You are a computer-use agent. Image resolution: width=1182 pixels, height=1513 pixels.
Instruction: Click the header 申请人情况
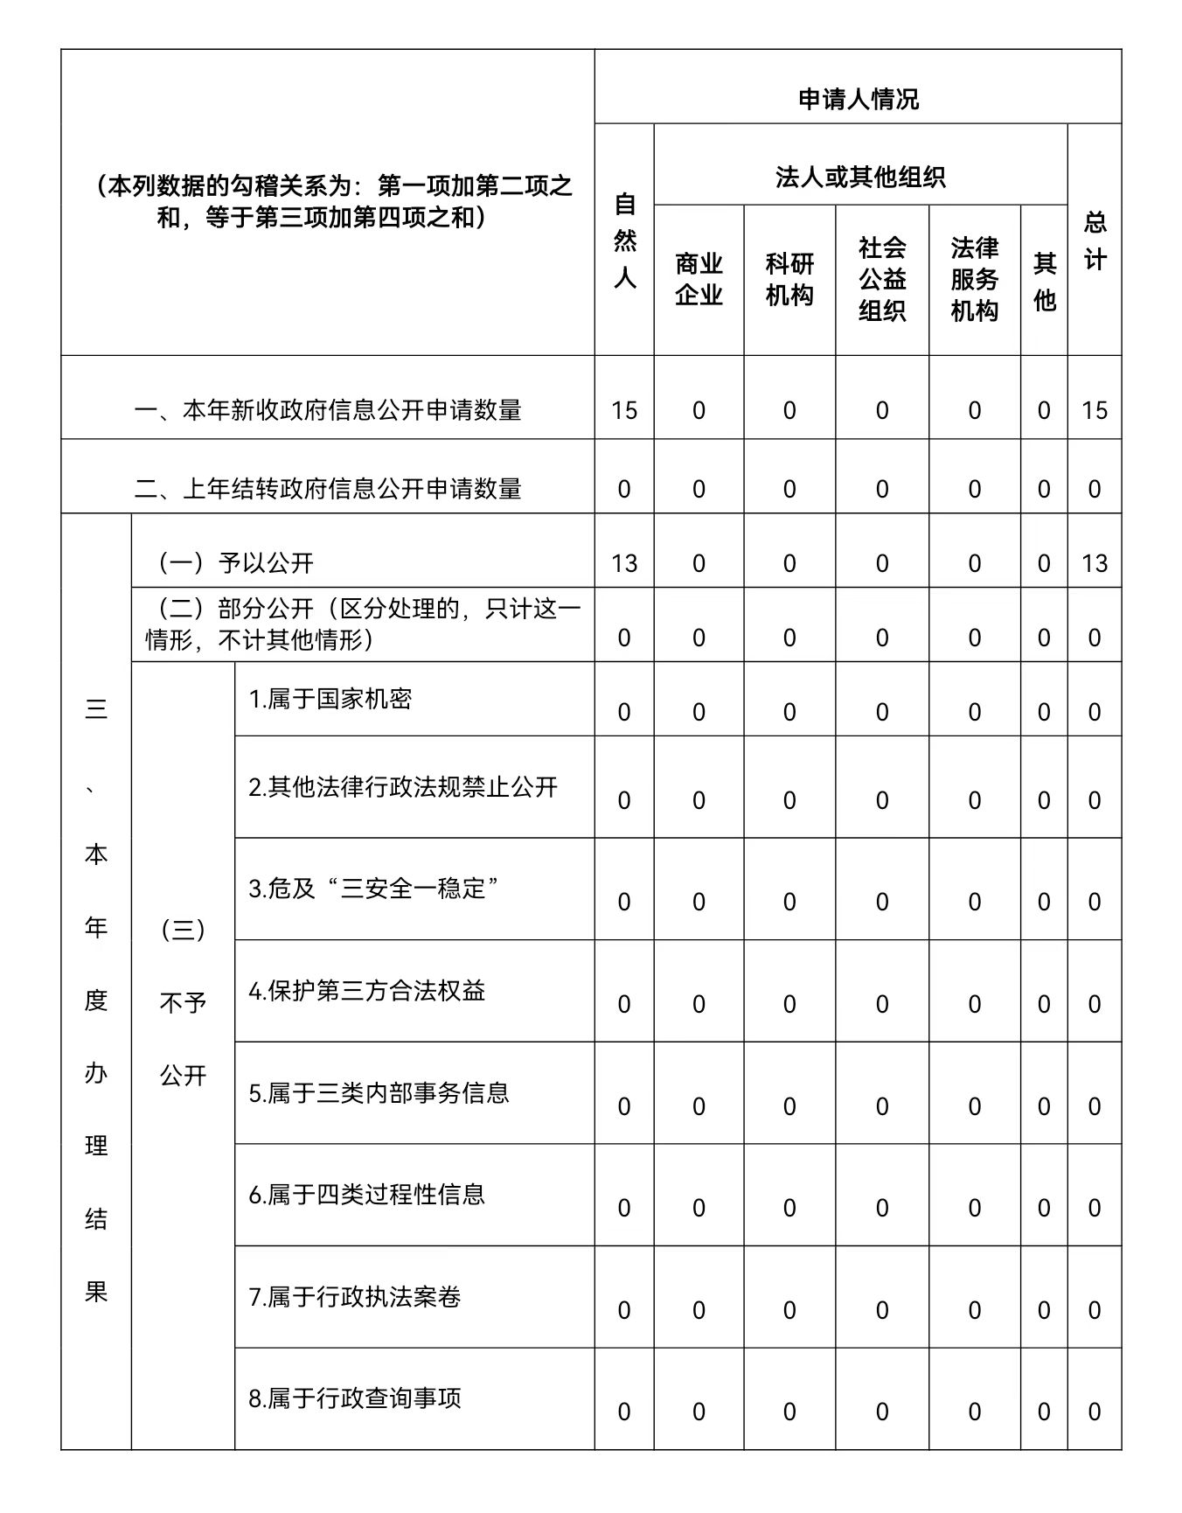point(858,100)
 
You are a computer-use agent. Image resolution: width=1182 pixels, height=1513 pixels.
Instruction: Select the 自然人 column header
point(624,241)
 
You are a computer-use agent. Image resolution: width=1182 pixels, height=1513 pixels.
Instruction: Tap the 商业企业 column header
point(699,279)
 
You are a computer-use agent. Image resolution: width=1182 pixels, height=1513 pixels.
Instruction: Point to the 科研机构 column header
point(789,279)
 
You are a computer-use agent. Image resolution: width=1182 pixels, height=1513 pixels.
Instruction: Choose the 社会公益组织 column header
point(881,279)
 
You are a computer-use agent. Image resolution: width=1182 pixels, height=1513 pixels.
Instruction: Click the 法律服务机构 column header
point(974,279)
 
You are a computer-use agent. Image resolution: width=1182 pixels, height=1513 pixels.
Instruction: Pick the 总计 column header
point(1095,241)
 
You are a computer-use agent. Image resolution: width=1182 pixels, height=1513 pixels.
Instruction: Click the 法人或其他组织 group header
point(860,178)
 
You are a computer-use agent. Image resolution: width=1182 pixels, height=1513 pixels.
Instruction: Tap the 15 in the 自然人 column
point(624,410)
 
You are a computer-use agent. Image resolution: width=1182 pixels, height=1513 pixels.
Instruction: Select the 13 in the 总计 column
point(1095,563)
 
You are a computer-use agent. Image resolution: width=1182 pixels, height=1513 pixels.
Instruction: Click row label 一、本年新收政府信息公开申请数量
point(328,410)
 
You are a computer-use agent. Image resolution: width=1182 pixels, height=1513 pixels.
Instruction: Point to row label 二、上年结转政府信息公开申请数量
point(328,488)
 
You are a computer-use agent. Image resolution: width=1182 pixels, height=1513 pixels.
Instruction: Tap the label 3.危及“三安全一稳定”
point(374,889)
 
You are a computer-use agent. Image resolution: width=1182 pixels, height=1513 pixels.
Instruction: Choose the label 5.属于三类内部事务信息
point(379,1093)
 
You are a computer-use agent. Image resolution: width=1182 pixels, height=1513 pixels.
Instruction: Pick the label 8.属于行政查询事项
point(355,1398)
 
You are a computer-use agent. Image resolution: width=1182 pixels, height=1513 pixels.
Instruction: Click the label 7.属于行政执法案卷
point(355,1297)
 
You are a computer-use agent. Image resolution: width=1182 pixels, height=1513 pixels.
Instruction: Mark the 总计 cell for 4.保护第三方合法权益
point(1095,1004)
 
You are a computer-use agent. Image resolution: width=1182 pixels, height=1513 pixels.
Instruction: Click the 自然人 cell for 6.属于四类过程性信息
point(624,1209)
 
